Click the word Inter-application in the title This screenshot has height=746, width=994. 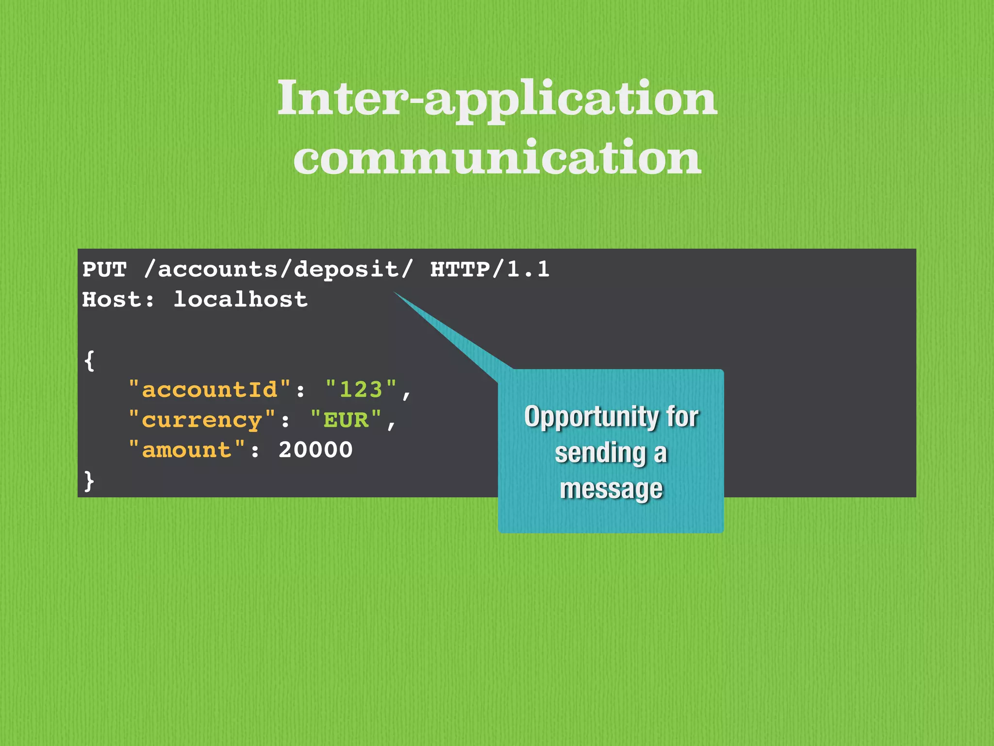497,99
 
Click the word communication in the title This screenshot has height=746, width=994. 497,158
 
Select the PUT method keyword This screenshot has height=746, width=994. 104,270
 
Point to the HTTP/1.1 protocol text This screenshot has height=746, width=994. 490,270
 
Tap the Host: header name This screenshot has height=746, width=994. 118,300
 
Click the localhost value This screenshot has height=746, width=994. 241,300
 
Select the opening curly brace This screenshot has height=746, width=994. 89,360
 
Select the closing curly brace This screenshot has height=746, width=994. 89,481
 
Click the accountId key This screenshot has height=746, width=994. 209,390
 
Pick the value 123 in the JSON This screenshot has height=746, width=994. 361,390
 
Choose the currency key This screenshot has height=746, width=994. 202,420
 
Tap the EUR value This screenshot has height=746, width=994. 346,420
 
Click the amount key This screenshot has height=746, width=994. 187,450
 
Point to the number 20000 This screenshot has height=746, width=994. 315,450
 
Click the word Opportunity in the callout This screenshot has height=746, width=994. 590,417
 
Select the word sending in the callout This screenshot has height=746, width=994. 600,453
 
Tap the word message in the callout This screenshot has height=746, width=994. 611,489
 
